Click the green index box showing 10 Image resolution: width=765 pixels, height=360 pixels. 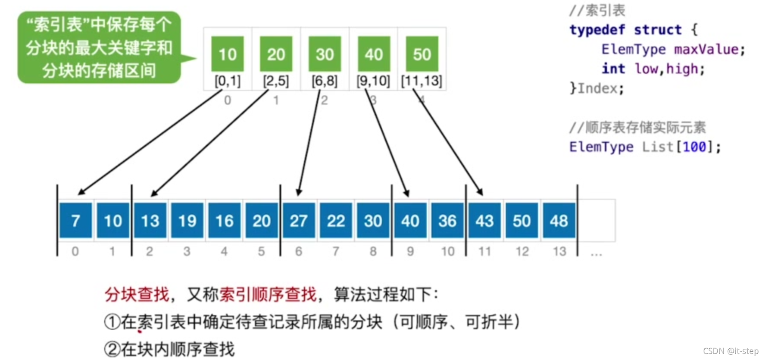tap(228, 54)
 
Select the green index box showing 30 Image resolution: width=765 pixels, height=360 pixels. tap(325, 54)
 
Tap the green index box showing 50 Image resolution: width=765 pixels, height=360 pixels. tap(422, 54)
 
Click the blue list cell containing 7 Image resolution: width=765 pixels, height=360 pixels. tap(75, 220)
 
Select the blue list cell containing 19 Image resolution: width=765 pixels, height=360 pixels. tap(187, 220)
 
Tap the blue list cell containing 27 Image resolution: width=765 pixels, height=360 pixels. tap(299, 220)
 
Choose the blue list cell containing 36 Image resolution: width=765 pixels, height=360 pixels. tap(447, 220)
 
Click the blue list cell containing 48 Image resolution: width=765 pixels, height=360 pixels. tap(559, 220)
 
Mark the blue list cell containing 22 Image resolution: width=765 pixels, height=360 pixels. tap(336, 220)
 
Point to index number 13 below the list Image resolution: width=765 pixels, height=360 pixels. tap(559, 251)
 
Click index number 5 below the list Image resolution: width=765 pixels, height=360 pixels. tap(261, 251)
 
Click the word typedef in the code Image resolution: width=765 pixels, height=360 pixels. tap(597, 30)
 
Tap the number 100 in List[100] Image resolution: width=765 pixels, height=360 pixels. tap(694, 147)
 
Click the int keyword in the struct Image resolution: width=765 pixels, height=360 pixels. tap(613, 69)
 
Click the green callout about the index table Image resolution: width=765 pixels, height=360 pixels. tap(99, 47)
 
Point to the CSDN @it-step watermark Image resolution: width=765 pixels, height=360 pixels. tap(731, 351)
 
